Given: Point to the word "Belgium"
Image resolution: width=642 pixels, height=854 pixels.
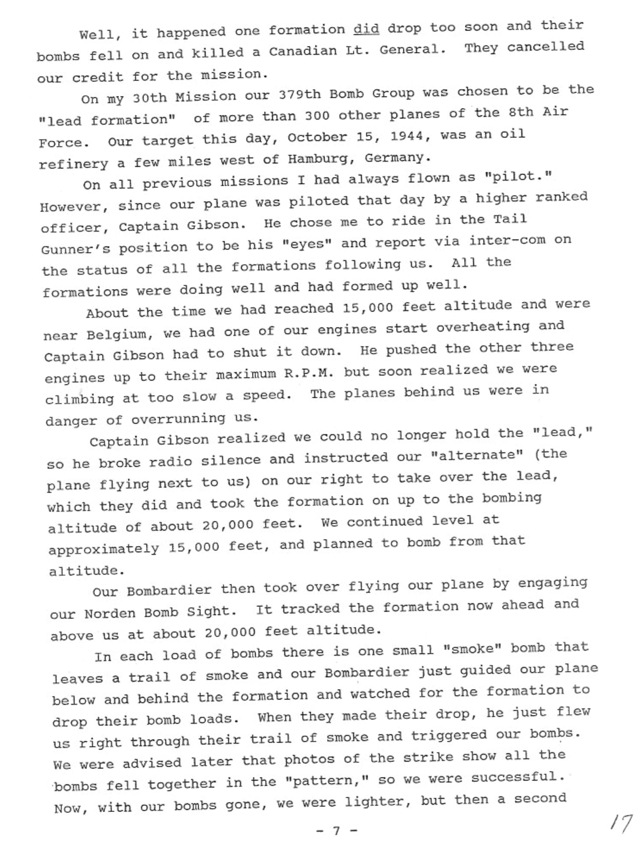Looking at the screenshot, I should (117, 333).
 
